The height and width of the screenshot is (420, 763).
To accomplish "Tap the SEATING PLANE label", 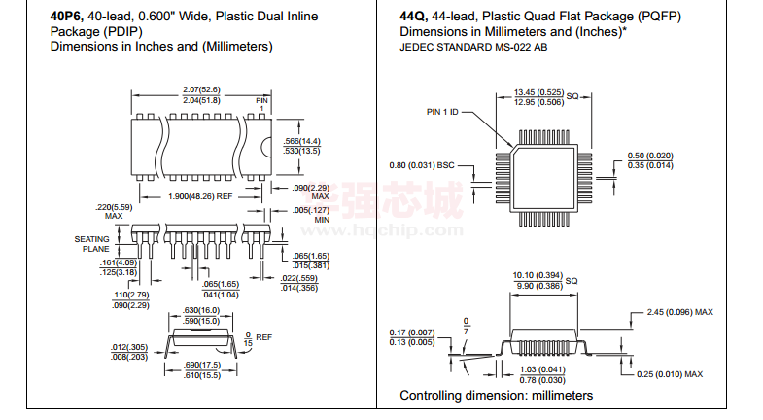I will pyautogui.click(x=94, y=244).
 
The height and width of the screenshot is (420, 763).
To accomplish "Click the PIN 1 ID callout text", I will pyautogui.click(x=447, y=112).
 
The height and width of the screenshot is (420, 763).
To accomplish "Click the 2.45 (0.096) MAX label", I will pyautogui.click(x=679, y=312).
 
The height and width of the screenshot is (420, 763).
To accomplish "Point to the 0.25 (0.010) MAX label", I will pyautogui.click(x=672, y=374).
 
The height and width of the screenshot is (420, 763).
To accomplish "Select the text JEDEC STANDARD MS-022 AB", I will pyautogui.click(x=473, y=47).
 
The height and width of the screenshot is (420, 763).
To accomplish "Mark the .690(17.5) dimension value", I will pyautogui.click(x=202, y=366).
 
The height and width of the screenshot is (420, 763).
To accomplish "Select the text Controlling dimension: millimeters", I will pyautogui.click(x=496, y=396).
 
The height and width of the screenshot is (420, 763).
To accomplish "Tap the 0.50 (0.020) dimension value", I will pyautogui.click(x=650, y=157).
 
